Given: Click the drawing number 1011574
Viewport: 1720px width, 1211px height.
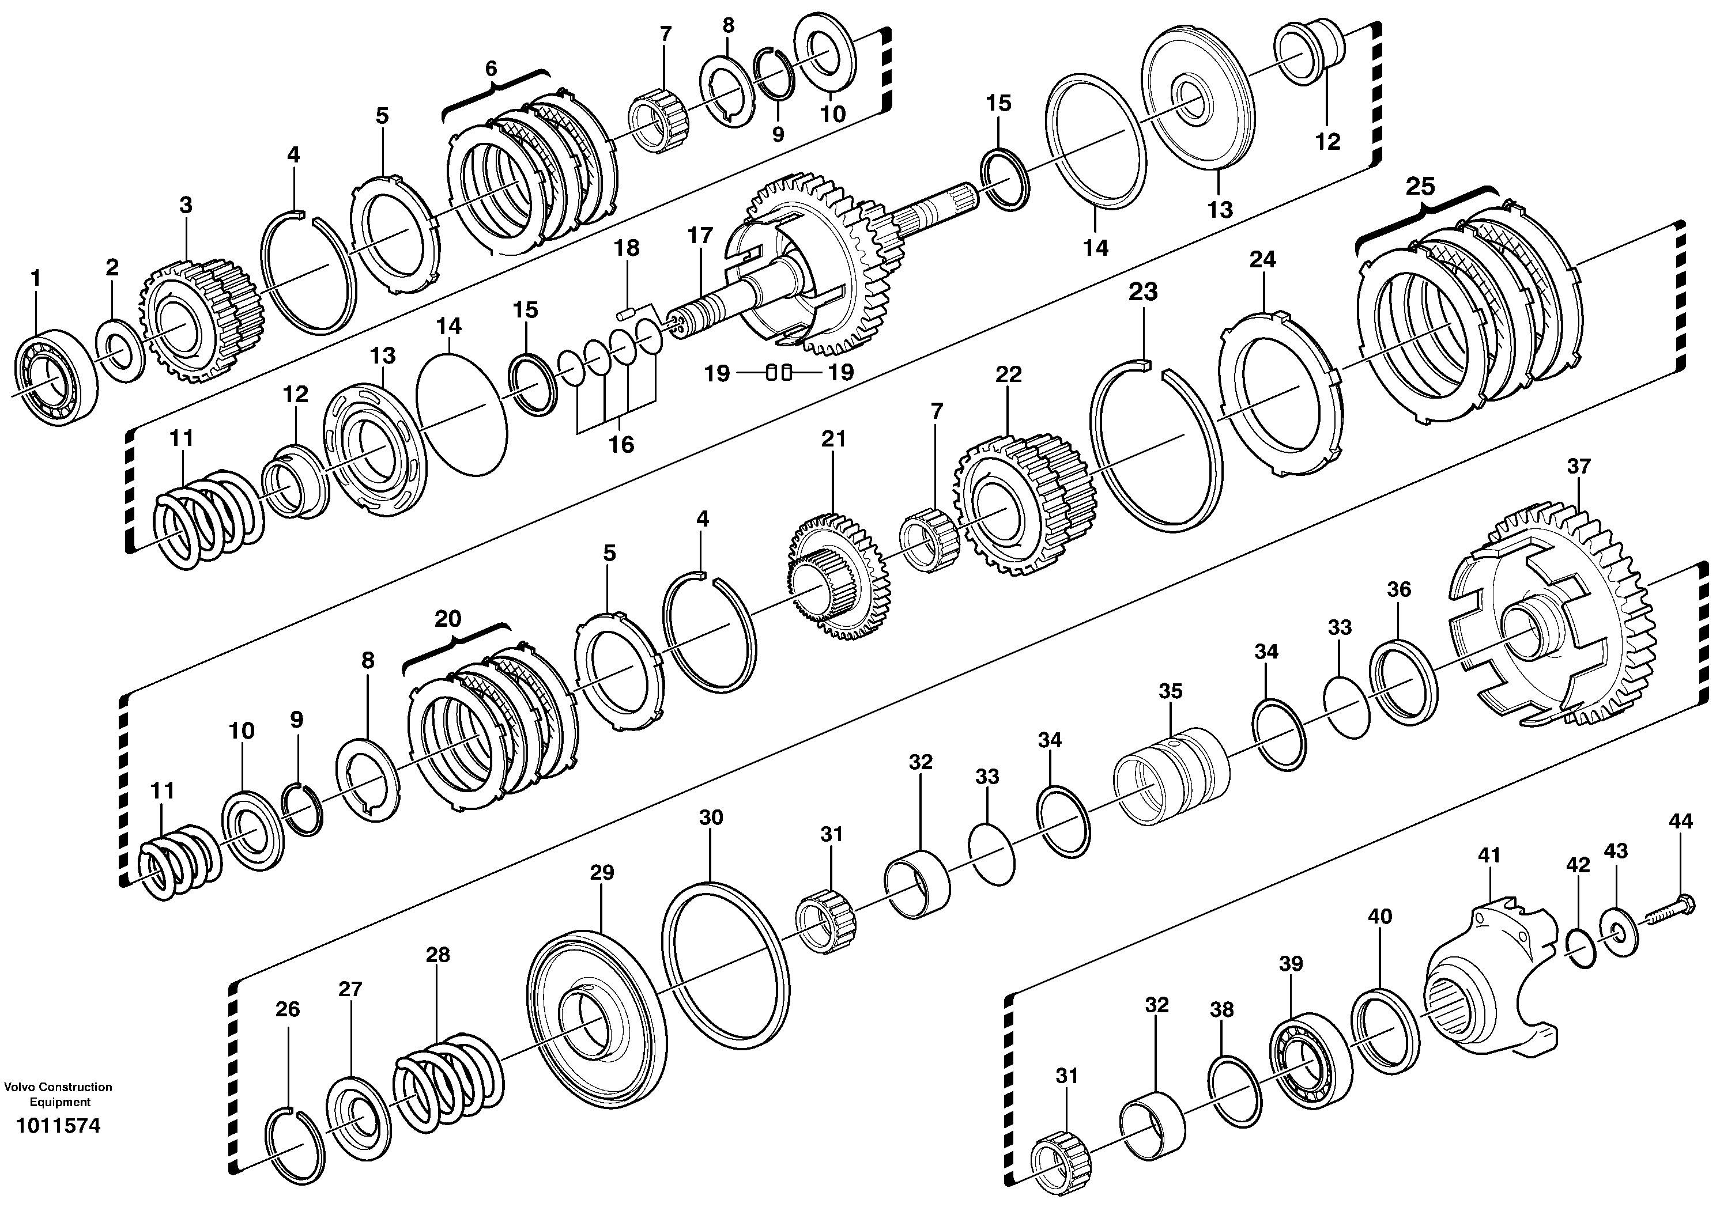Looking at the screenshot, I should click(x=58, y=1126).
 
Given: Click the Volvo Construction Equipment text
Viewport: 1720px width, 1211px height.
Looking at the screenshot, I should click(x=58, y=1094).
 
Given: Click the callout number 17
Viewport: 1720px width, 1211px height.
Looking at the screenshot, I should click(x=700, y=236).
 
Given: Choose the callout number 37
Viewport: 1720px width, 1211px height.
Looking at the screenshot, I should click(x=1578, y=467).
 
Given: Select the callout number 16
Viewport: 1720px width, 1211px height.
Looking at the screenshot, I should click(x=621, y=445).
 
